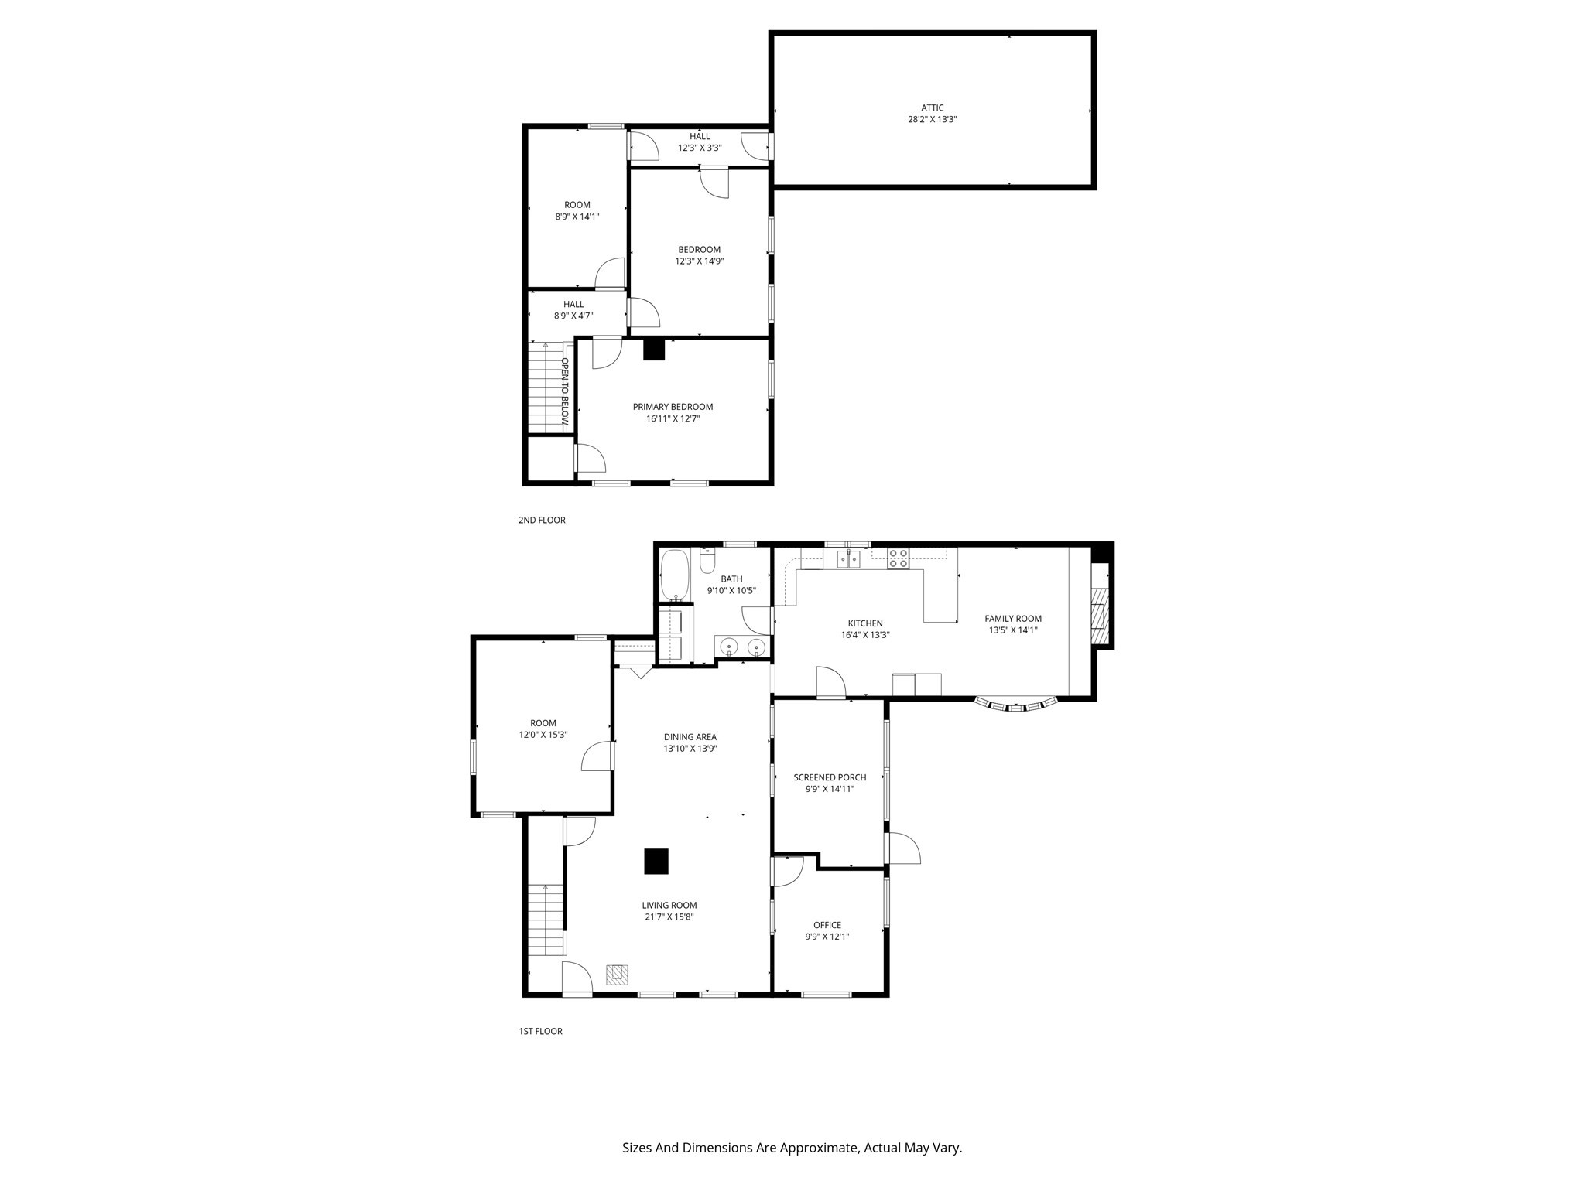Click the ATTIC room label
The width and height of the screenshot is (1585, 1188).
[x=932, y=108]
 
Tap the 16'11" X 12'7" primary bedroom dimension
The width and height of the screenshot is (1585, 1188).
[x=673, y=418]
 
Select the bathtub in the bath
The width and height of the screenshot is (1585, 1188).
[x=675, y=575]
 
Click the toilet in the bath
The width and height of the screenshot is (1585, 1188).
[x=707, y=561]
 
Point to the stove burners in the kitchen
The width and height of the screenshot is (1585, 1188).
[x=898, y=558]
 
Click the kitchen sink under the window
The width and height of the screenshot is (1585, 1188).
[x=848, y=558]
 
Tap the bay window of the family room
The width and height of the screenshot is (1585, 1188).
[x=1016, y=705]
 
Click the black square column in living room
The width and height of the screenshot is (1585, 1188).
[x=656, y=861]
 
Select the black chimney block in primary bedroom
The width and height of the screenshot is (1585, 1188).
[x=654, y=350]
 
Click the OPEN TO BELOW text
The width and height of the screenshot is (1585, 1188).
[x=565, y=391]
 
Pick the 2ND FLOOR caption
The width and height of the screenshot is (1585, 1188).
[x=542, y=520]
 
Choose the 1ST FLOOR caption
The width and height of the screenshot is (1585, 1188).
[x=540, y=1031]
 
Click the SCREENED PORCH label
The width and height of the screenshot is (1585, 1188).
[x=830, y=777]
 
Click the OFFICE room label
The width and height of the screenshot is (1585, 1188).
[x=827, y=925]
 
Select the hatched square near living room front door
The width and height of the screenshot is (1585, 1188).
[x=617, y=975]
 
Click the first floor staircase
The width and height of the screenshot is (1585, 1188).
[x=546, y=920]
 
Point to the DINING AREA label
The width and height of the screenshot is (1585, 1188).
[x=690, y=737]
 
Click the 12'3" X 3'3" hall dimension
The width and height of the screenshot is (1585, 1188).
[x=700, y=148]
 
